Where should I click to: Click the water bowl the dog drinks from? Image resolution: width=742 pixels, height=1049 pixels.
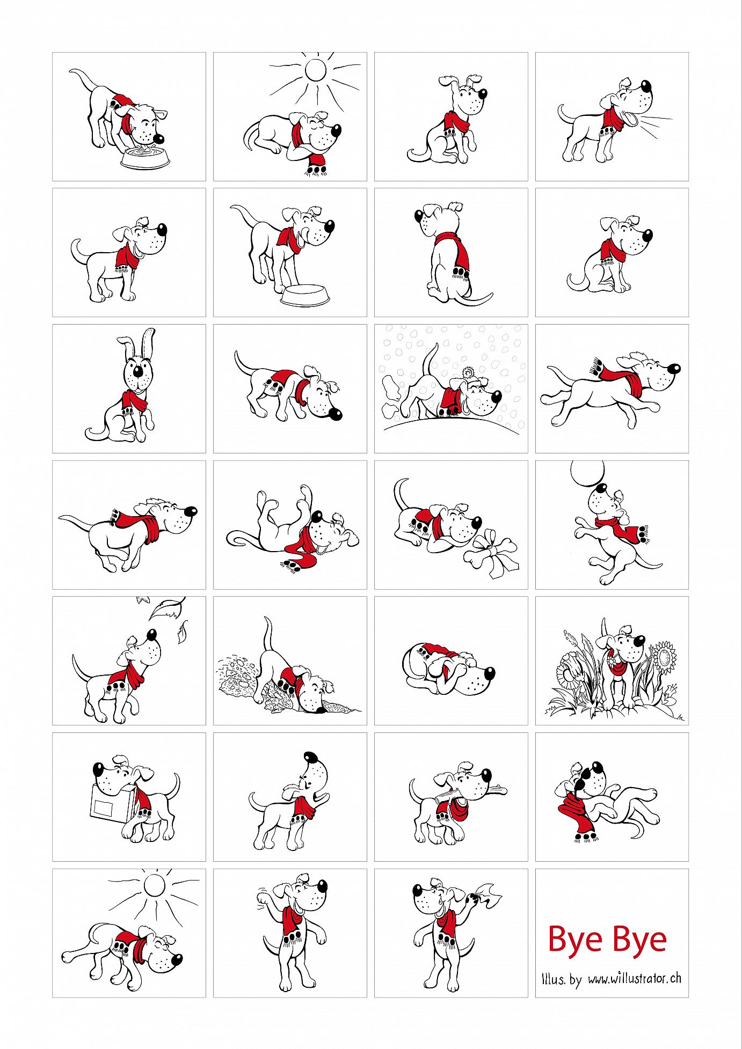pos(142,157)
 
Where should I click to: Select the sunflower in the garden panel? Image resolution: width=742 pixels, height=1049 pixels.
pos(666,658)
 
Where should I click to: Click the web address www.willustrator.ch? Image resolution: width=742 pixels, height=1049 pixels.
pos(635,978)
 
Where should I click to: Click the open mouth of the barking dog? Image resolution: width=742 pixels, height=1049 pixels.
pos(636,119)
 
